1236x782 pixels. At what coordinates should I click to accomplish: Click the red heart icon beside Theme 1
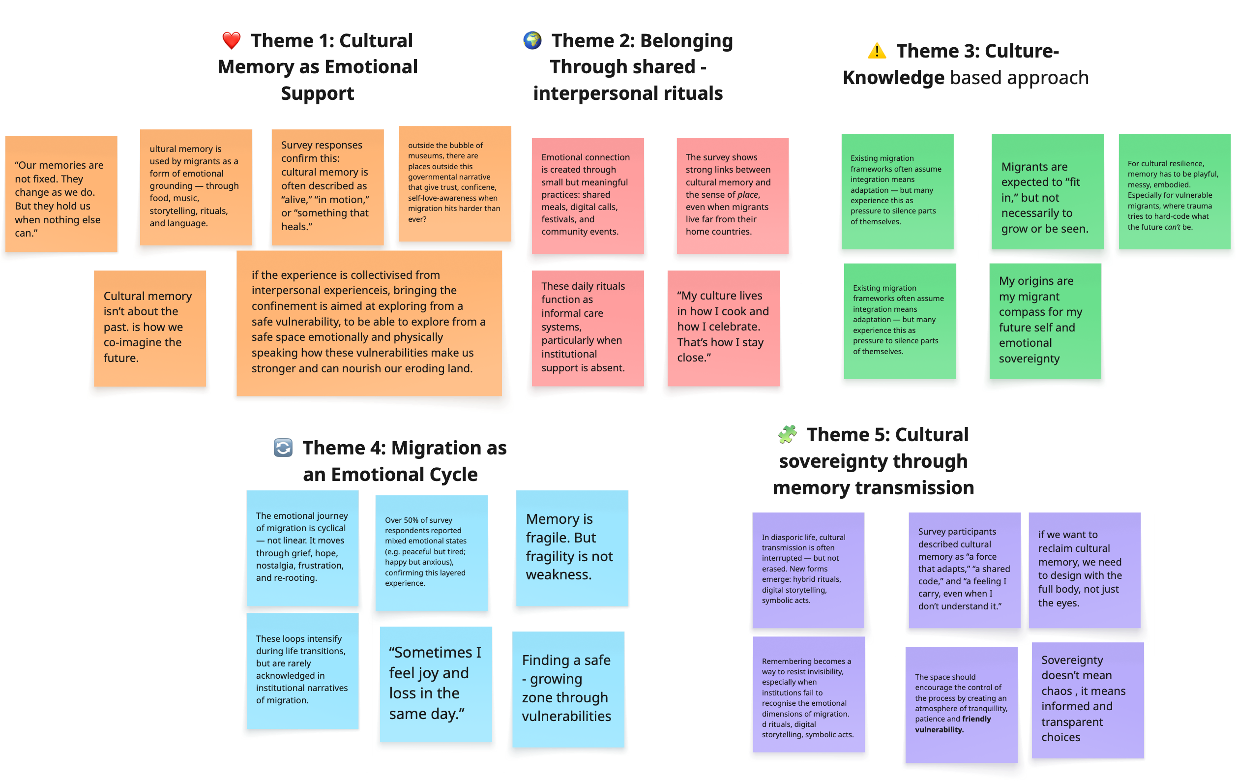(x=232, y=40)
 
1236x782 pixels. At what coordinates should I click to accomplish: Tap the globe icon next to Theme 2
(x=532, y=40)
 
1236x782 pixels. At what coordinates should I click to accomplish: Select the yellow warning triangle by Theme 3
(x=877, y=51)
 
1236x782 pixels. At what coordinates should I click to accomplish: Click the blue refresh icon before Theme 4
(x=283, y=448)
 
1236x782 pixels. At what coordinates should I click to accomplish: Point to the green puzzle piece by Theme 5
(x=788, y=434)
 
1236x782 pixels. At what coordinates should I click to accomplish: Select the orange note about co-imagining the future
(x=150, y=328)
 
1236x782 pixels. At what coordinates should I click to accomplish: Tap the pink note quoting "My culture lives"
(x=723, y=328)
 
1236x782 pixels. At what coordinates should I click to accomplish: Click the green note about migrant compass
(x=1045, y=321)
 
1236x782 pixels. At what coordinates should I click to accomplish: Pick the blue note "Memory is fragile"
(x=572, y=548)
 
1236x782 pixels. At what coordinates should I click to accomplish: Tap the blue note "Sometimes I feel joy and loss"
(x=436, y=684)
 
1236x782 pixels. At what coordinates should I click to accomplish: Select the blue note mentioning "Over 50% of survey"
(x=431, y=552)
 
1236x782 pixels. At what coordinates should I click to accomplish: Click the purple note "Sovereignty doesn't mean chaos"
(x=1088, y=699)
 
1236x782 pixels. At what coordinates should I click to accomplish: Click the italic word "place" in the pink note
(x=747, y=195)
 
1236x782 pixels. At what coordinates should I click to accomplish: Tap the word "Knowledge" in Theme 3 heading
(x=893, y=78)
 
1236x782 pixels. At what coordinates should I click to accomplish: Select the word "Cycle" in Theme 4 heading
(x=453, y=475)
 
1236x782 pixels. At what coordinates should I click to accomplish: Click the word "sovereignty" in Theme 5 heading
(x=873, y=461)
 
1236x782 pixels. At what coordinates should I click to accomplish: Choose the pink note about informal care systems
(x=588, y=328)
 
